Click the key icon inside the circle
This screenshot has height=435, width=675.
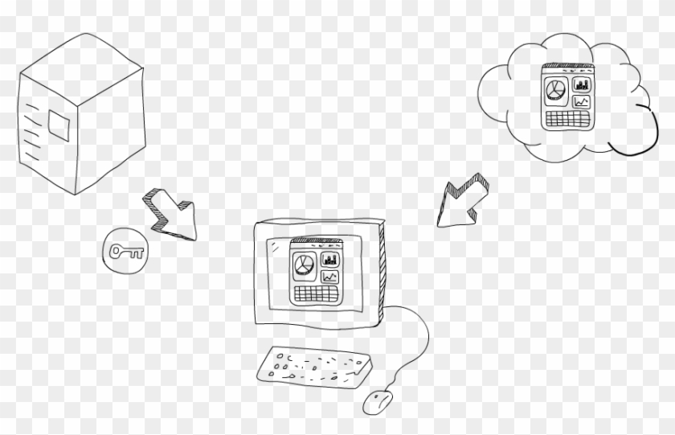pyautogui.click(x=127, y=252)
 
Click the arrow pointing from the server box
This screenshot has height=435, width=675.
pyautogui.click(x=171, y=214)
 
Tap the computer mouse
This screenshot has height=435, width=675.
pyautogui.click(x=378, y=400)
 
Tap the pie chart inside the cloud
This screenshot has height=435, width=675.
pyautogui.click(x=555, y=88)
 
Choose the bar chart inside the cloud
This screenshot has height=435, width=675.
pyautogui.click(x=582, y=84)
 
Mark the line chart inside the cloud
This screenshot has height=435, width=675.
pyautogui.click(x=582, y=101)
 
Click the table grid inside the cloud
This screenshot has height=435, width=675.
pyautogui.click(x=567, y=118)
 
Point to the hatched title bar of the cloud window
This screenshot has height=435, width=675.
pyautogui.click(x=567, y=68)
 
